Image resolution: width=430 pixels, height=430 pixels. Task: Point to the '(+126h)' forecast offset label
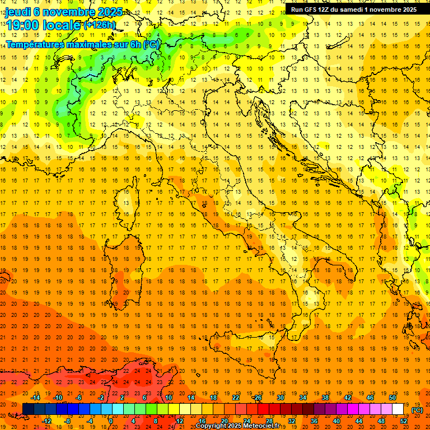tap(99, 25)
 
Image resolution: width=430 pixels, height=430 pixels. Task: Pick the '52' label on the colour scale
tap(404, 420)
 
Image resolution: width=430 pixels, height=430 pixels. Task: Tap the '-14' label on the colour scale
tap(35, 398)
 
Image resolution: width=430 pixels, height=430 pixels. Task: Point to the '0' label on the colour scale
tap(110, 420)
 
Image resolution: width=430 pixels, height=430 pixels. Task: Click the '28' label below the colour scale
tap(269, 420)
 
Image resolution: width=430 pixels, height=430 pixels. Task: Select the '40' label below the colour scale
tap(336, 420)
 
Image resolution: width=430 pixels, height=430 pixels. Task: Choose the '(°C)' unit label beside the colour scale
tap(417, 410)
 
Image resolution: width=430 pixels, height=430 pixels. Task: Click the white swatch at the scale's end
tap(398, 409)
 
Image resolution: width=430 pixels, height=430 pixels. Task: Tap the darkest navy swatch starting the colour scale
tap(28, 409)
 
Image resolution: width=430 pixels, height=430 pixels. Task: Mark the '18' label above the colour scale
tap(213, 398)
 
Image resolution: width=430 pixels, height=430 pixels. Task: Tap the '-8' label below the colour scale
tap(68, 420)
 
